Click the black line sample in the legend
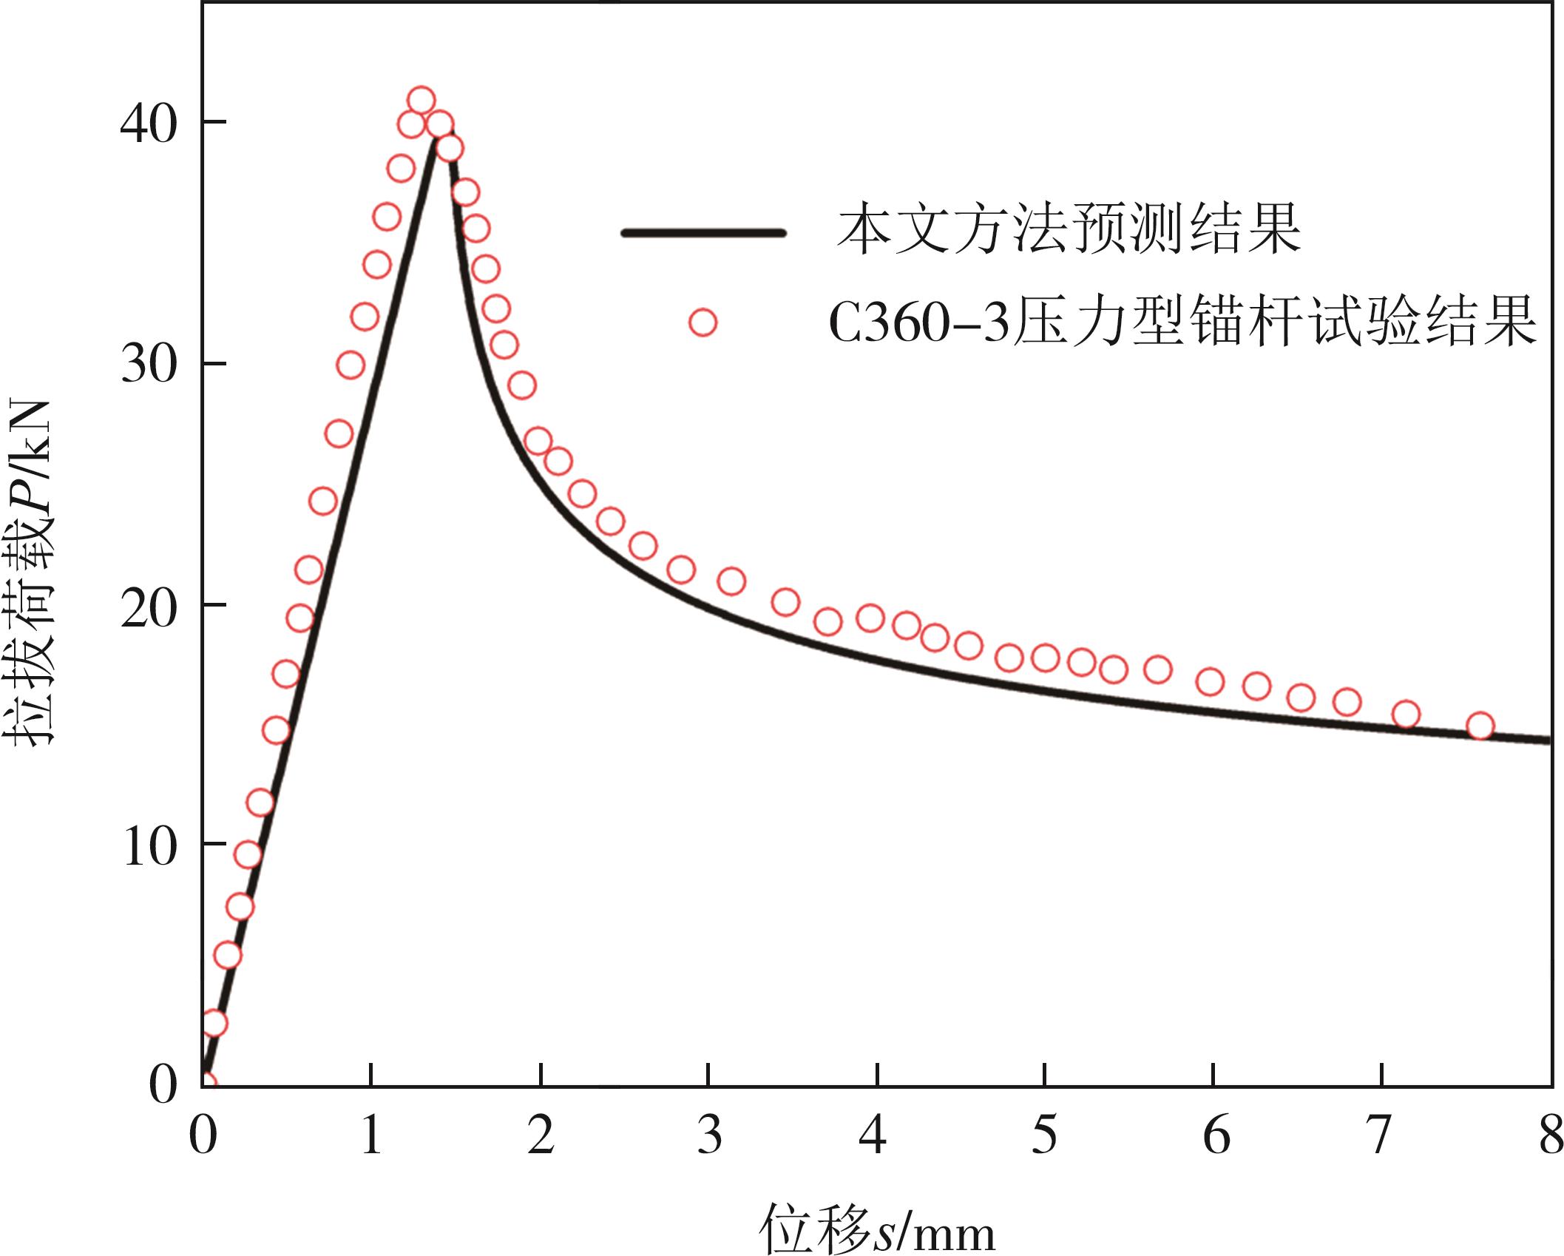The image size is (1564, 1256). [703, 233]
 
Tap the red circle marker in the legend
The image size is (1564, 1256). [703, 323]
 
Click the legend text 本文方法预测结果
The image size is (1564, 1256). [1069, 232]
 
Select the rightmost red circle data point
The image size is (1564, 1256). [1480, 726]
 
